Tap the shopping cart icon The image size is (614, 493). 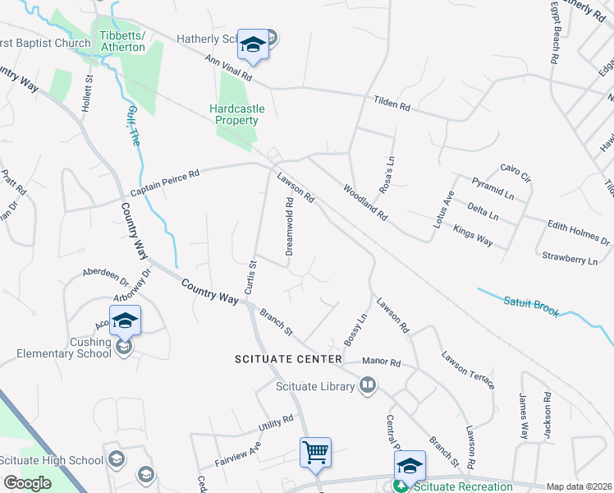(315, 453)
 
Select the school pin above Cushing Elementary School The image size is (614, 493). (125, 320)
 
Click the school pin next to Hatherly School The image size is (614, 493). (253, 44)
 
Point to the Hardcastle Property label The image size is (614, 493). (233, 114)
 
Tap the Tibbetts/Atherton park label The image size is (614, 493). (121, 41)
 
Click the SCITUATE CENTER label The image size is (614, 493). (287, 360)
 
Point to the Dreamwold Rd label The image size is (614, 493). (290, 227)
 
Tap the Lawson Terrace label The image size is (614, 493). (468, 370)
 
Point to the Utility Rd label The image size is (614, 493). (275, 422)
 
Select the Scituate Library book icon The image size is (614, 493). (368, 385)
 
